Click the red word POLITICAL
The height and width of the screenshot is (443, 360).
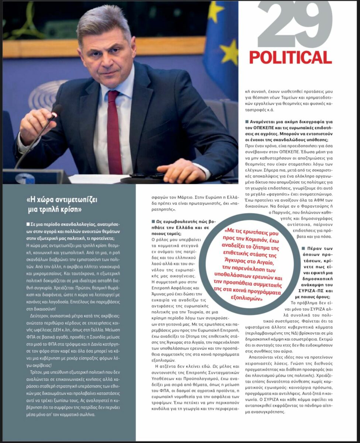(x=291, y=58)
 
